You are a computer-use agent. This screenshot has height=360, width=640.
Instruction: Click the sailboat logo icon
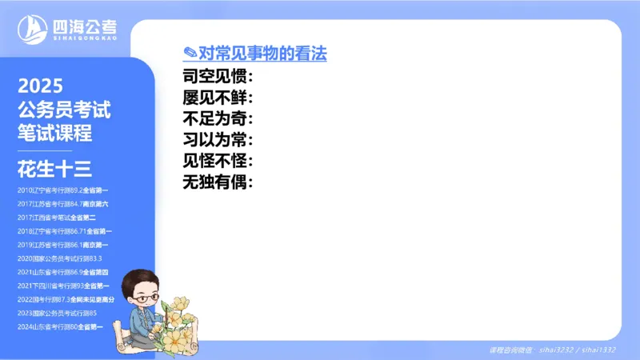click(x=31, y=30)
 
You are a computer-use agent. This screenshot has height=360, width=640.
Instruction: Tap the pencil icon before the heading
click(x=190, y=54)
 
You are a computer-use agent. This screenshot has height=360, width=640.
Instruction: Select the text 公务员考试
click(x=64, y=110)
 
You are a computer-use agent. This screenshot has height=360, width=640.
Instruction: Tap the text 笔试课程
click(x=55, y=133)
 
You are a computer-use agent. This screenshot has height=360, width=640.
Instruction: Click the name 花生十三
click(x=55, y=169)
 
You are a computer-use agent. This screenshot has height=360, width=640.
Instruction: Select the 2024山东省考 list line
click(x=60, y=326)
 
